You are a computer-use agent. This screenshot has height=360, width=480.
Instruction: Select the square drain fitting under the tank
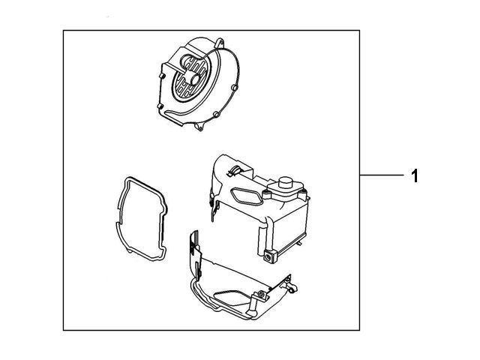tap(267, 258)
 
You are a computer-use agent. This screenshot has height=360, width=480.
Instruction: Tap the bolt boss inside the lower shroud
tap(259, 291)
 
